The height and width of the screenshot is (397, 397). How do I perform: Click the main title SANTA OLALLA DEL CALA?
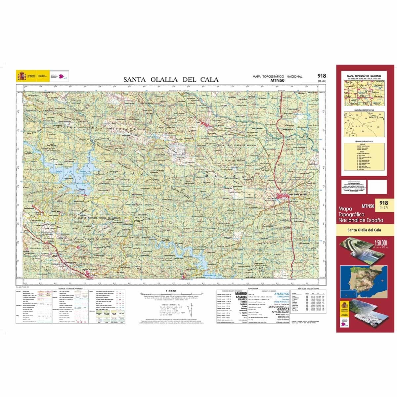(x=171, y=79)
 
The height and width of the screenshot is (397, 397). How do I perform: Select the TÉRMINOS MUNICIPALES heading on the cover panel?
(x=364, y=141)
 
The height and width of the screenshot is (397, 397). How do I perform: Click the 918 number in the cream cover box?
(x=384, y=203)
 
